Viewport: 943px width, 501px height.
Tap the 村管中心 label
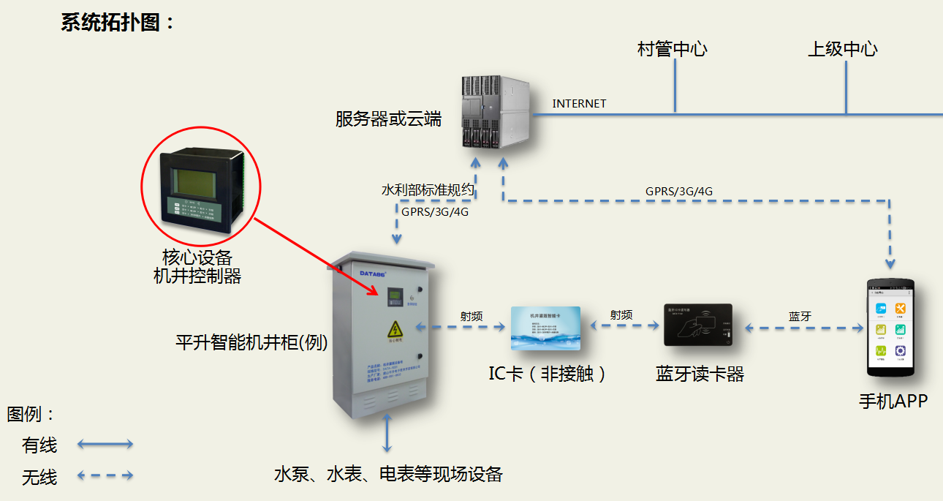click(x=673, y=50)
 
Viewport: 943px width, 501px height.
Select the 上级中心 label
click(x=842, y=50)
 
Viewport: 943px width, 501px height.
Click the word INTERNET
click(x=579, y=104)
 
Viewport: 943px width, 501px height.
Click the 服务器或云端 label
click(x=388, y=119)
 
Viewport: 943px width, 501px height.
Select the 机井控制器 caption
click(x=197, y=276)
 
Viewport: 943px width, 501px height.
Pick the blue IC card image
click(x=545, y=328)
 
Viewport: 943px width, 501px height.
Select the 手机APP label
click(x=893, y=401)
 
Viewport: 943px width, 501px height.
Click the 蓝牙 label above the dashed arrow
click(x=800, y=317)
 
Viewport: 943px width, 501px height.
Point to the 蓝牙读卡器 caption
click(x=700, y=374)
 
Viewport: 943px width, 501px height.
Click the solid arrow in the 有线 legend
click(x=105, y=444)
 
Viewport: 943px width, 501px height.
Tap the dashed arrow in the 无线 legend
click(x=105, y=475)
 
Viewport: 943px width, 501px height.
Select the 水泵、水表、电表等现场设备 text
click(x=388, y=474)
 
